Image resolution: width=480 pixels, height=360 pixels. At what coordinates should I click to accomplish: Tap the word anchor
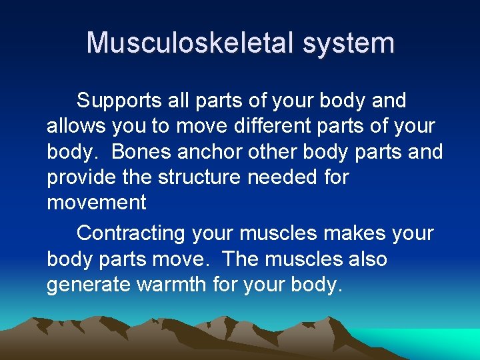(x=211, y=152)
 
